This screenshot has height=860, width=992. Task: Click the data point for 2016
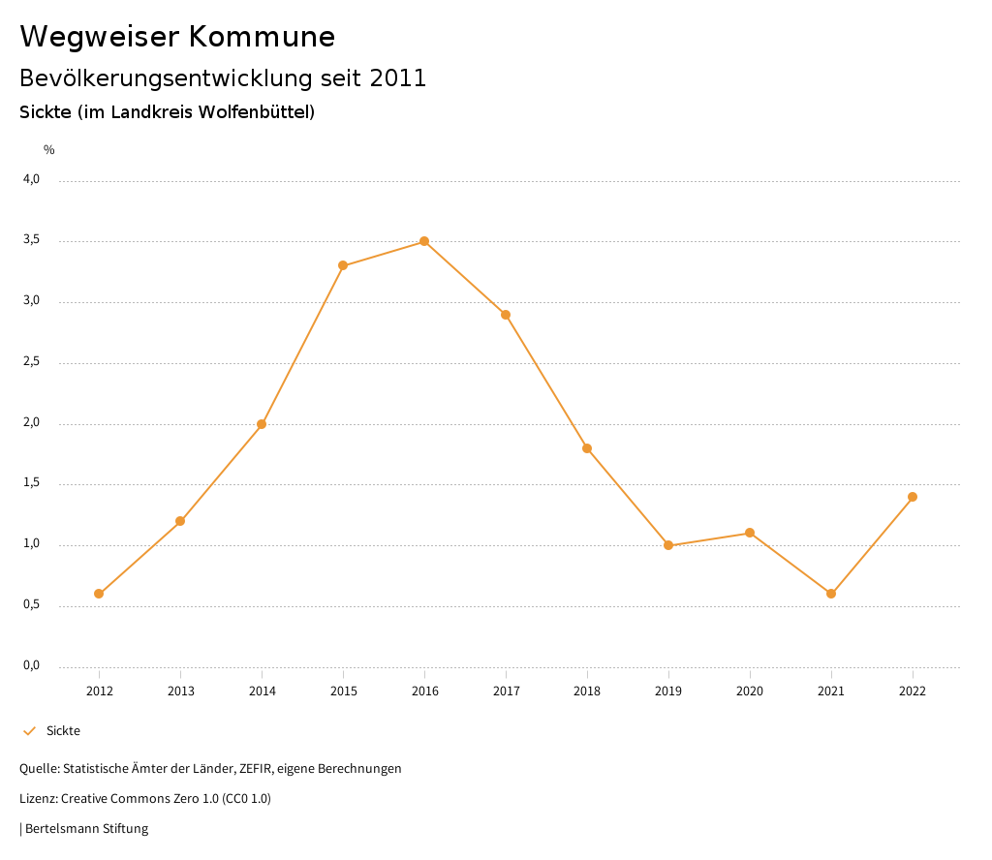pyautogui.click(x=424, y=241)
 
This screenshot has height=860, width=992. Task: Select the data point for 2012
pyautogui.click(x=99, y=594)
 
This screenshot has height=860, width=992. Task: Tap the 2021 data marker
pyautogui.click(x=831, y=594)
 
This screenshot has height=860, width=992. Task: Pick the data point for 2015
pyautogui.click(x=343, y=265)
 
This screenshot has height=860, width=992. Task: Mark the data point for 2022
pyautogui.click(x=913, y=497)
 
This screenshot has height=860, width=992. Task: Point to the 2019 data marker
pyautogui.click(x=668, y=545)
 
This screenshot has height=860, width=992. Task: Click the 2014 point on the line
pyautogui.click(x=262, y=424)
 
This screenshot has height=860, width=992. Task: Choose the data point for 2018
pyautogui.click(x=587, y=448)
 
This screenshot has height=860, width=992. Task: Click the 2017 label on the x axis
pyautogui.click(x=506, y=691)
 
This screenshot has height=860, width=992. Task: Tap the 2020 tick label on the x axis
pyautogui.click(x=750, y=691)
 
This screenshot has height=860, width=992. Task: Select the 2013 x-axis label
pyautogui.click(x=180, y=691)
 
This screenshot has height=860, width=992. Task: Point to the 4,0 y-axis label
pyautogui.click(x=32, y=179)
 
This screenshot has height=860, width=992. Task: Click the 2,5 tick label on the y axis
pyautogui.click(x=32, y=362)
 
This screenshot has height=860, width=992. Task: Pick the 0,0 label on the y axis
pyautogui.click(x=32, y=665)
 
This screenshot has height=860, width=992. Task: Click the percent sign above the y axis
pyautogui.click(x=49, y=150)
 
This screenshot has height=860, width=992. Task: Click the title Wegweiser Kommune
pyautogui.click(x=177, y=37)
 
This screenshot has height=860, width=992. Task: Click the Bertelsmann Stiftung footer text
pyautogui.click(x=86, y=829)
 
